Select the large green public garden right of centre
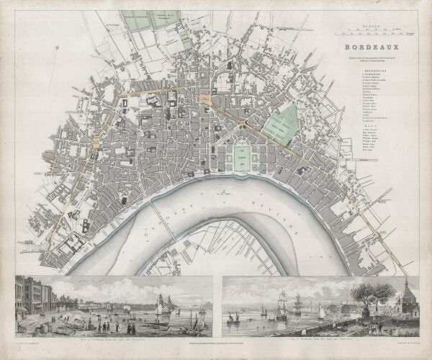[x=282, y=122]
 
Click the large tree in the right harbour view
[x=374, y=294]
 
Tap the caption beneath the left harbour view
[x=114, y=338]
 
